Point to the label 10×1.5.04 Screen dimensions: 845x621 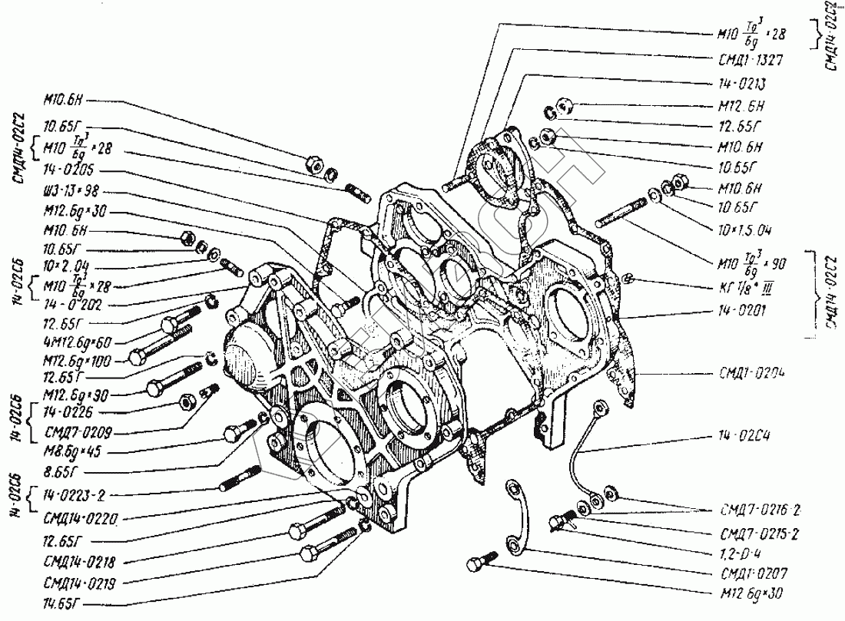743,230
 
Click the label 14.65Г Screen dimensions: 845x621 68,602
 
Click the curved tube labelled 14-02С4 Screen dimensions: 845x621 582,445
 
